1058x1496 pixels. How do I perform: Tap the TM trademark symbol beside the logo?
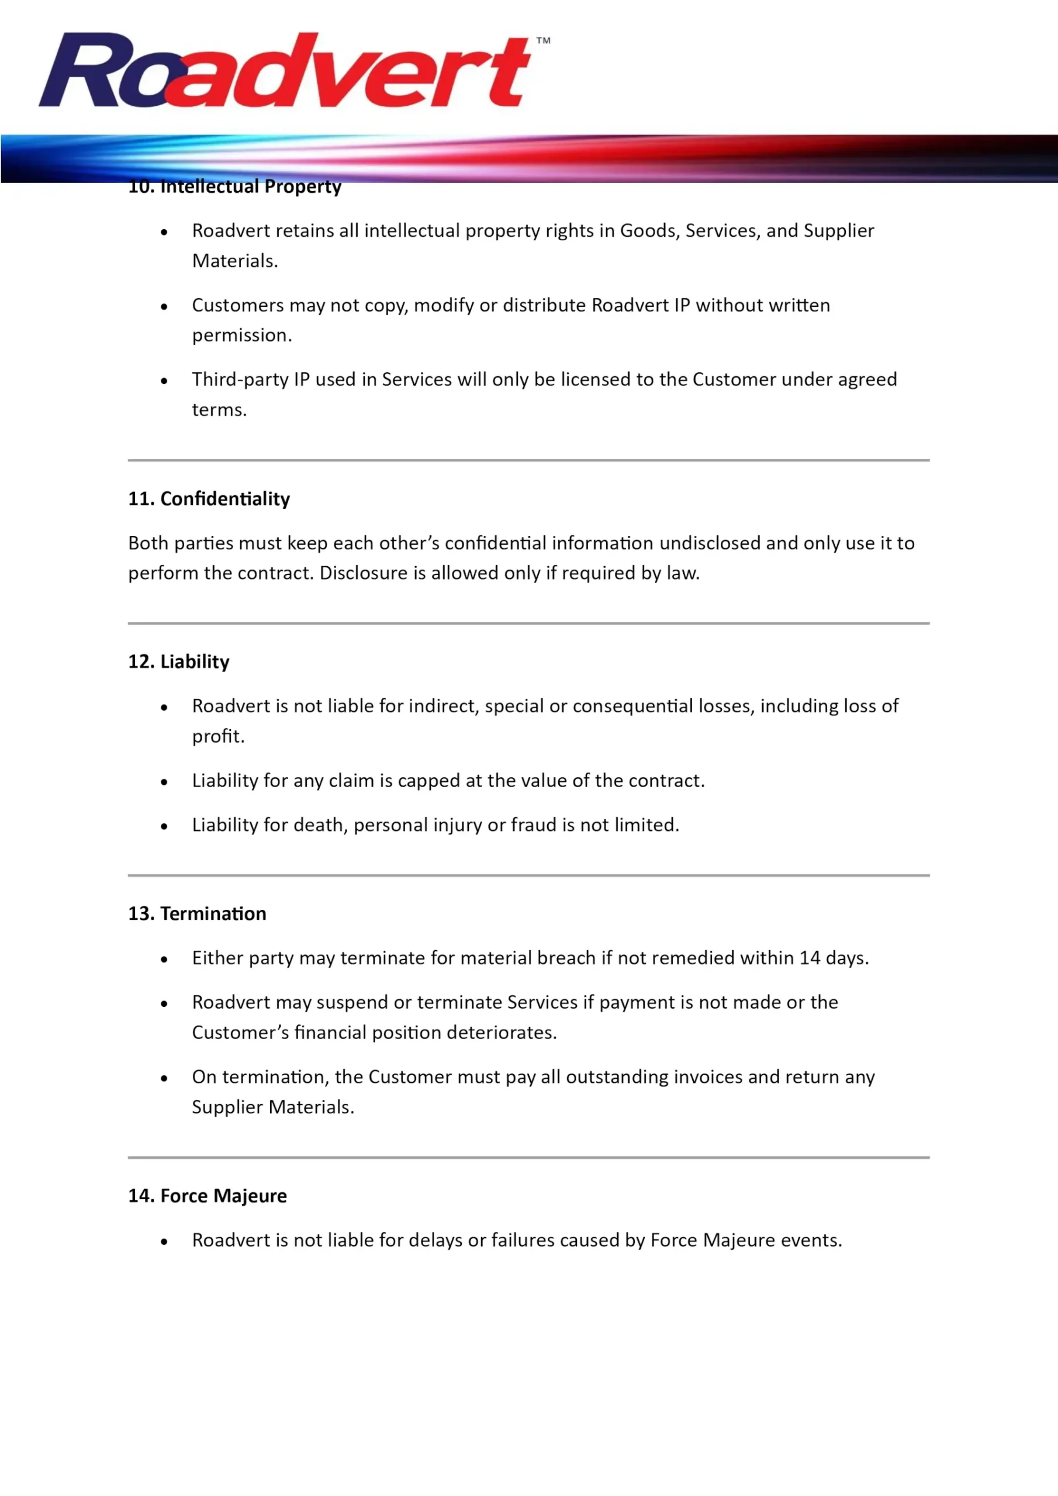click(x=543, y=40)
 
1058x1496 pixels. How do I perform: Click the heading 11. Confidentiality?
click(x=209, y=498)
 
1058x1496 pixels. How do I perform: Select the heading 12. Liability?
click(x=179, y=662)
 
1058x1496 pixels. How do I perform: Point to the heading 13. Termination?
click(x=197, y=913)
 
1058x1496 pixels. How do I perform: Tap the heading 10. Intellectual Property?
click(x=234, y=187)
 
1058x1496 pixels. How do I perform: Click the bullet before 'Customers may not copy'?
click(x=164, y=306)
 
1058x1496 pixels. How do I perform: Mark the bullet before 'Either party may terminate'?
click(x=164, y=959)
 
